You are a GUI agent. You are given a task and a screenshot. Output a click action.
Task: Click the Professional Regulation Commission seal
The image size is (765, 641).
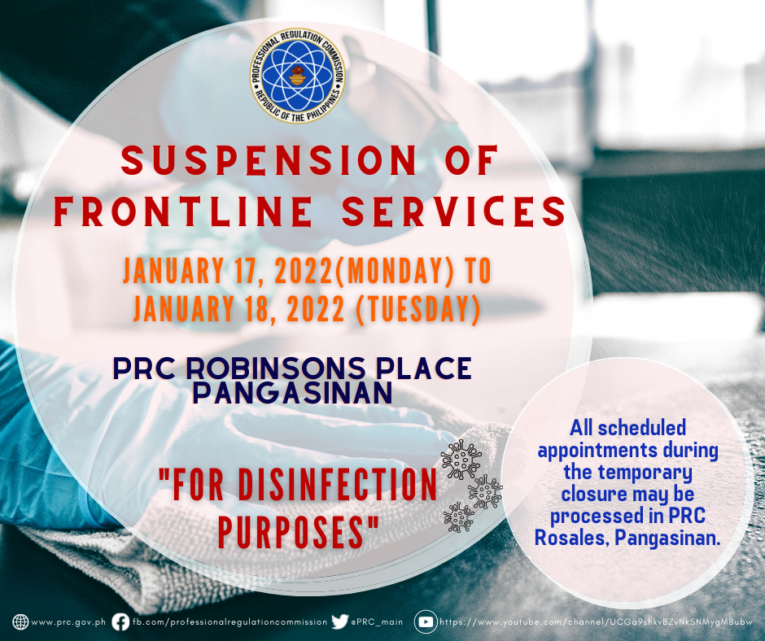(x=297, y=75)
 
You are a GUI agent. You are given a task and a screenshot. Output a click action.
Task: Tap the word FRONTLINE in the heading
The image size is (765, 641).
(x=183, y=211)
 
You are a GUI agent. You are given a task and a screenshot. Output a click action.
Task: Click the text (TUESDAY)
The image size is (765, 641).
(x=418, y=309)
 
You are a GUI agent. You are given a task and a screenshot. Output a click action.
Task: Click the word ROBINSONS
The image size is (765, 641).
(x=276, y=368)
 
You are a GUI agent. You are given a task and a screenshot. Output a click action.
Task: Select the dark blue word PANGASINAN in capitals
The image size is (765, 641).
(x=292, y=393)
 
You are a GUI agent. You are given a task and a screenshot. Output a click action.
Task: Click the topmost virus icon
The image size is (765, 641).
(x=461, y=460)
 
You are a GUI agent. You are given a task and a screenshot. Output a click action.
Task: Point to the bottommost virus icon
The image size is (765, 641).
(x=458, y=517)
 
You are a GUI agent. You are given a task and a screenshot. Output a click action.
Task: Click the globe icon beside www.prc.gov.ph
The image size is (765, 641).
(x=20, y=622)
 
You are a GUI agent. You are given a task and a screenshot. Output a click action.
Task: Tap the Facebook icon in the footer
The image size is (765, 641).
(x=120, y=622)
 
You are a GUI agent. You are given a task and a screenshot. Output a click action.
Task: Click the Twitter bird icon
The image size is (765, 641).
(x=339, y=621)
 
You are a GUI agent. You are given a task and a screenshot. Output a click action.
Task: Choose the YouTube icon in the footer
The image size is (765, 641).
(x=426, y=622)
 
